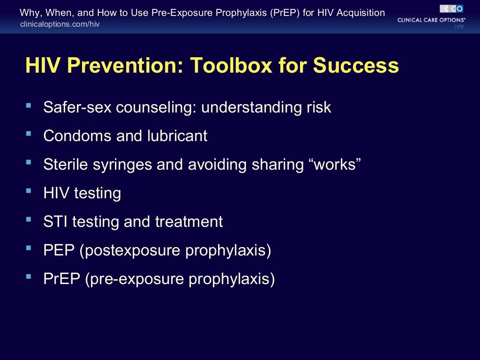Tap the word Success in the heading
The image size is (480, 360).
[x=356, y=66]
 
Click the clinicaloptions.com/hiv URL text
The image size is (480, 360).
[x=60, y=24]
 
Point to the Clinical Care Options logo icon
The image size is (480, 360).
[x=451, y=8]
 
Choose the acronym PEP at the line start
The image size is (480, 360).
[x=59, y=250]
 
